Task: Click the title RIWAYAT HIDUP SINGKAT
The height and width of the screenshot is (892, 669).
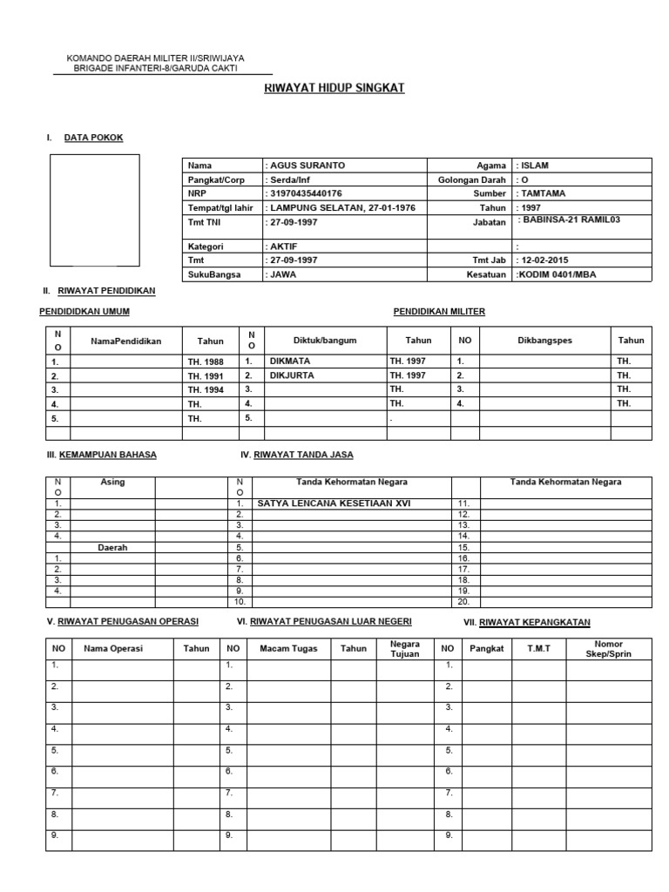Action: [334, 89]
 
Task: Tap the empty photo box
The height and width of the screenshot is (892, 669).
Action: [94, 210]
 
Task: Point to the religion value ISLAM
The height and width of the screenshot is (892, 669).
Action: [534, 165]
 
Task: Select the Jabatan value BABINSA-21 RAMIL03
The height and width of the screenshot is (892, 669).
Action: [571, 220]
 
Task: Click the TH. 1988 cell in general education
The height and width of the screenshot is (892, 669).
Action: [206, 361]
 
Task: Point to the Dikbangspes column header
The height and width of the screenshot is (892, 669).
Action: [544, 341]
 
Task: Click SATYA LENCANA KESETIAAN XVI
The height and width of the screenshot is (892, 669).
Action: [334, 503]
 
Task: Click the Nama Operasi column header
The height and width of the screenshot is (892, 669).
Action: [113, 648]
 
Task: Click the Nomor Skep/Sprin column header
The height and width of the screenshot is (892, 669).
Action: [608, 648]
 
